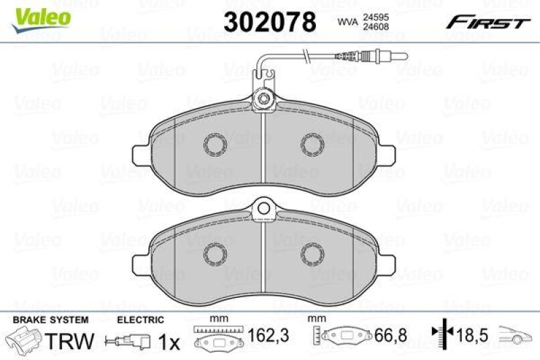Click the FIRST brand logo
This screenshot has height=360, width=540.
pyautogui.click(x=487, y=22)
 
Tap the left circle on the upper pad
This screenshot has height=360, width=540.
pyautogui.click(x=216, y=145)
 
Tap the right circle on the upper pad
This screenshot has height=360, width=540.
pyautogui.click(x=313, y=145)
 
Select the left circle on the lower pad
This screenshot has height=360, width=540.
pyautogui.click(x=216, y=252)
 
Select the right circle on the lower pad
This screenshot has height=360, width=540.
pyautogui.click(x=313, y=252)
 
